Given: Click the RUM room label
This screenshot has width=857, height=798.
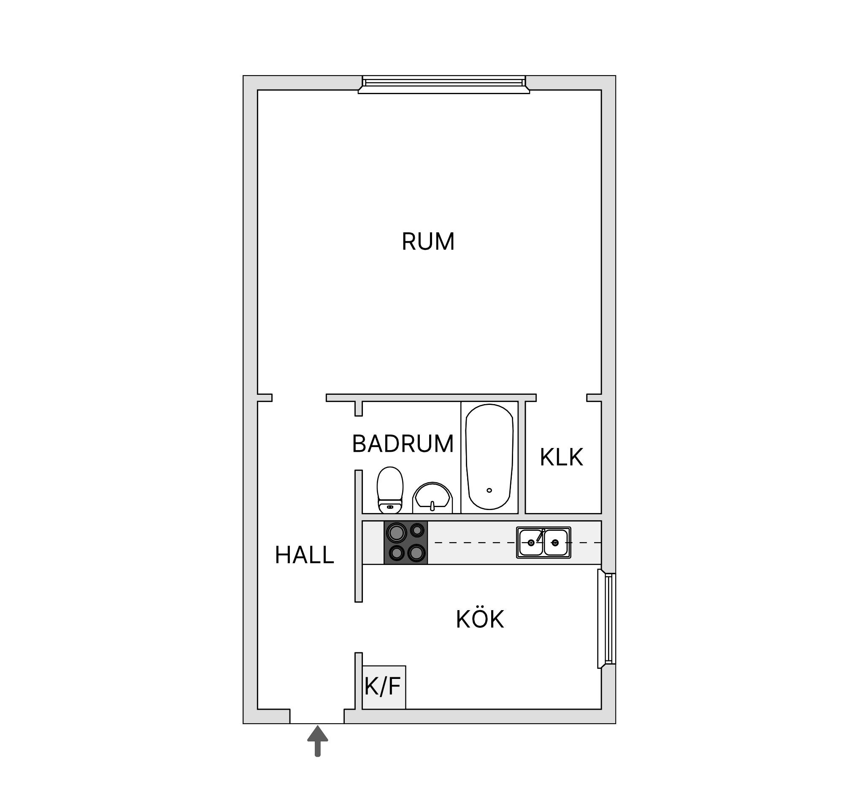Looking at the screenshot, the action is (428, 242).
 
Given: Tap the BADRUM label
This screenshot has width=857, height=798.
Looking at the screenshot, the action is (403, 444).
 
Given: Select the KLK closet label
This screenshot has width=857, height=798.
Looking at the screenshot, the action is (561, 458).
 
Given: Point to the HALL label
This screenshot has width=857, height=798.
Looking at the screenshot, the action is (304, 556).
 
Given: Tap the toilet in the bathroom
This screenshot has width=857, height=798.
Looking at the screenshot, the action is (390, 491).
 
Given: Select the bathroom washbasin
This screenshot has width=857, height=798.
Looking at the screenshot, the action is (433, 498).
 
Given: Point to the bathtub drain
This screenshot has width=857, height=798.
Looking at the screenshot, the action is (489, 491).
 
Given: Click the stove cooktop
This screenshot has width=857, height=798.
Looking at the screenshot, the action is (406, 543).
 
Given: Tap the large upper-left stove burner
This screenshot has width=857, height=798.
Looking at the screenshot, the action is (397, 533).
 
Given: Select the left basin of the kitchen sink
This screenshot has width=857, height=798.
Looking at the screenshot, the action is (531, 543).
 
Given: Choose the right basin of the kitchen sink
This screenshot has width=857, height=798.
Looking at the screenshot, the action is (556, 543).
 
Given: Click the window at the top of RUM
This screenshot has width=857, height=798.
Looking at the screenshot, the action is (443, 84).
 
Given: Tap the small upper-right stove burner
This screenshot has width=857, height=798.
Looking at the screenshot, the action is (417, 530).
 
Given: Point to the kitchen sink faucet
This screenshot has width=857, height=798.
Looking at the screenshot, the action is (540, 535).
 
